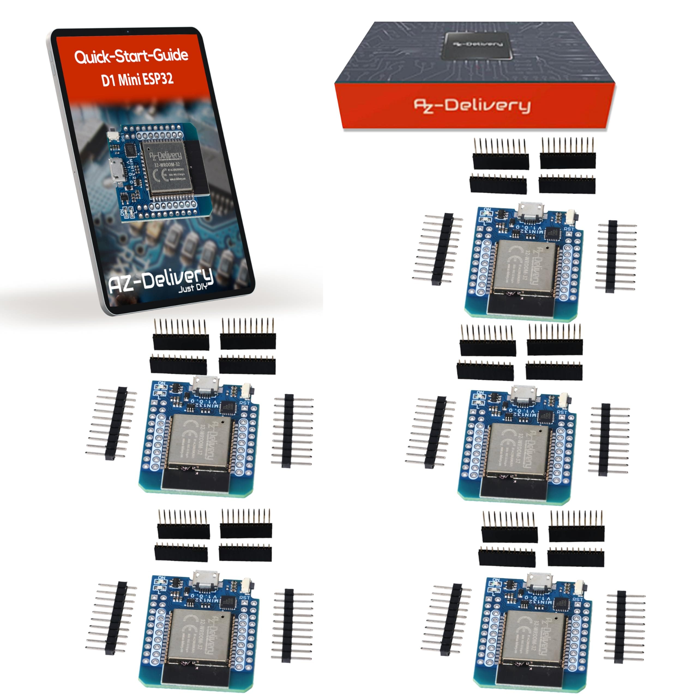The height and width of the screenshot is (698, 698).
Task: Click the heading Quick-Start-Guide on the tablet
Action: (131, 56)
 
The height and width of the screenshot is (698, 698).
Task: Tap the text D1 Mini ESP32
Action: (137, 79)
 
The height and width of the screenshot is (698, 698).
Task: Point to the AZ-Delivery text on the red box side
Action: (472, 106)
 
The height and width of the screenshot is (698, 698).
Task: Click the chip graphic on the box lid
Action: (477, 45)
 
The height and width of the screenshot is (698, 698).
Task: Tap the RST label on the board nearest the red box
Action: (568, 229)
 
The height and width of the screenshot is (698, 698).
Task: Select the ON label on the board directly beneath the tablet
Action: (161, 383)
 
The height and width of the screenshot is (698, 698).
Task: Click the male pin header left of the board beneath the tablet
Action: (116, 423)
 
